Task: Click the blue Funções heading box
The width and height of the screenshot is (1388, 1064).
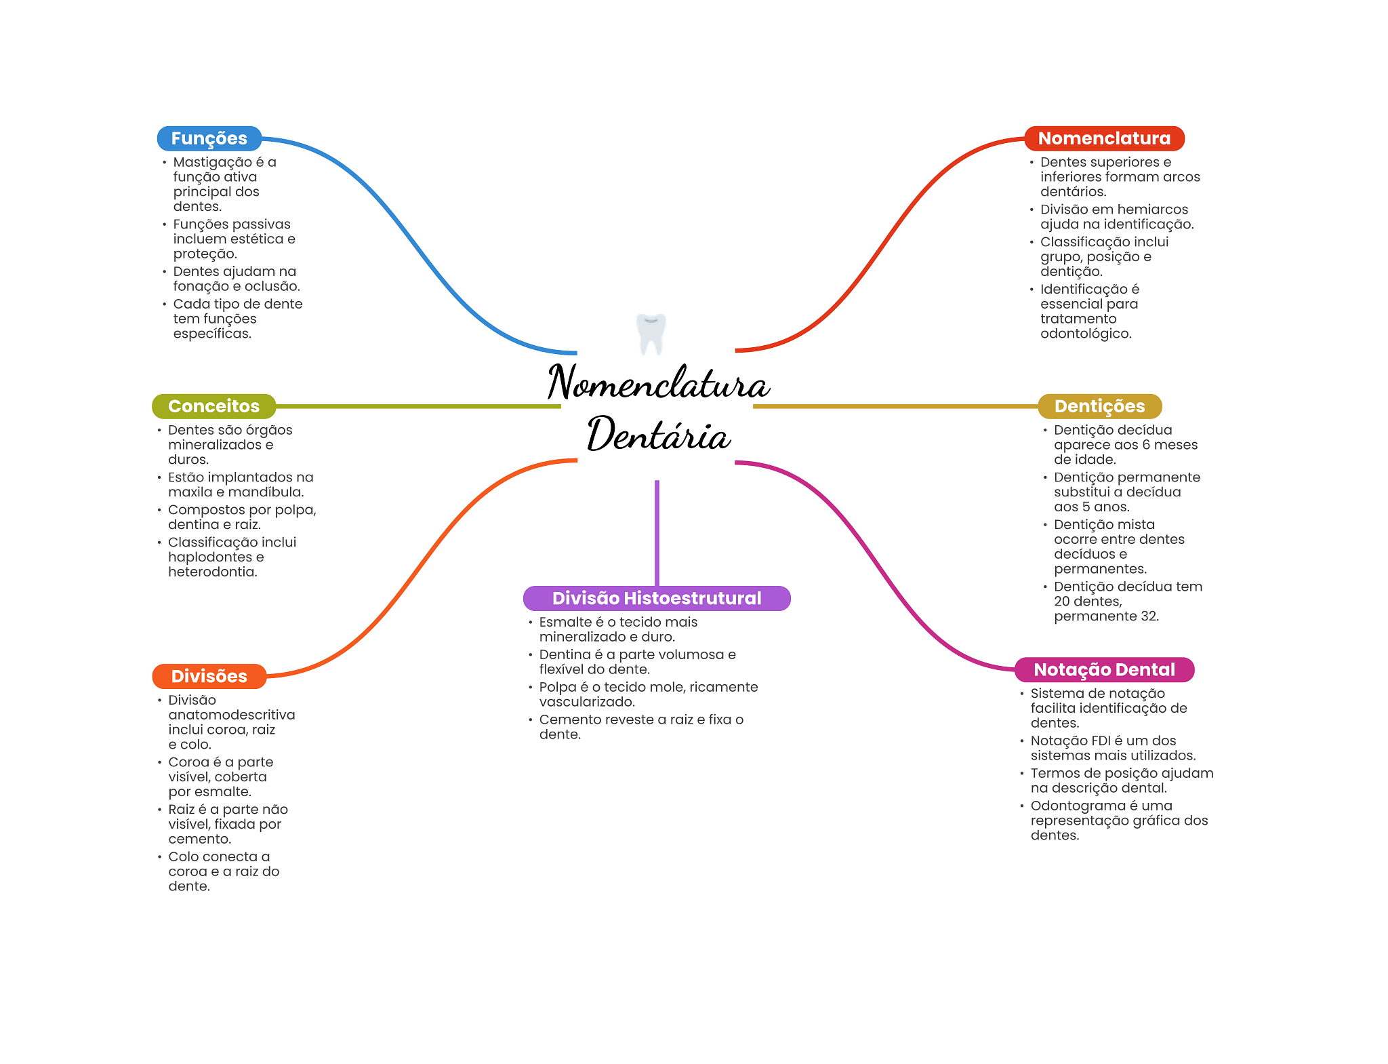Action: tap(209, 138)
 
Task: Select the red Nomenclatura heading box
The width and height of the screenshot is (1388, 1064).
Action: tap(1103, 138)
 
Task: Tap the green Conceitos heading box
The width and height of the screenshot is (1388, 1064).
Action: tap(213, 406)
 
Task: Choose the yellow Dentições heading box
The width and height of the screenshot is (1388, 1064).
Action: tap(1099, 406)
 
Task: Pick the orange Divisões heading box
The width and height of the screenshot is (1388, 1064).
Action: tap(209, 676)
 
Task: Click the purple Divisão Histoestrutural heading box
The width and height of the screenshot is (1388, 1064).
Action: tap(656, 598)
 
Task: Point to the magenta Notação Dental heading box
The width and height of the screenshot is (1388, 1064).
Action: tap(1104, 669)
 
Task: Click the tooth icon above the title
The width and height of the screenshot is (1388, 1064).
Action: tap(651, 333)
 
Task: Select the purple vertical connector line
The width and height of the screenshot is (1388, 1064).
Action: tap(657, 532)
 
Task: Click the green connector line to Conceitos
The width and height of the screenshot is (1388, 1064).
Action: tap(417, 406)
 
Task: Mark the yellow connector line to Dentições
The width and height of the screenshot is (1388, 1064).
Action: tap(895, 406)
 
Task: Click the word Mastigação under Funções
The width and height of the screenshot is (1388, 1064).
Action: tap(212, 162)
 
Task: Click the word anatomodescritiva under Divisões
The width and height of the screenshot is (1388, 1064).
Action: tap(232, 715)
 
